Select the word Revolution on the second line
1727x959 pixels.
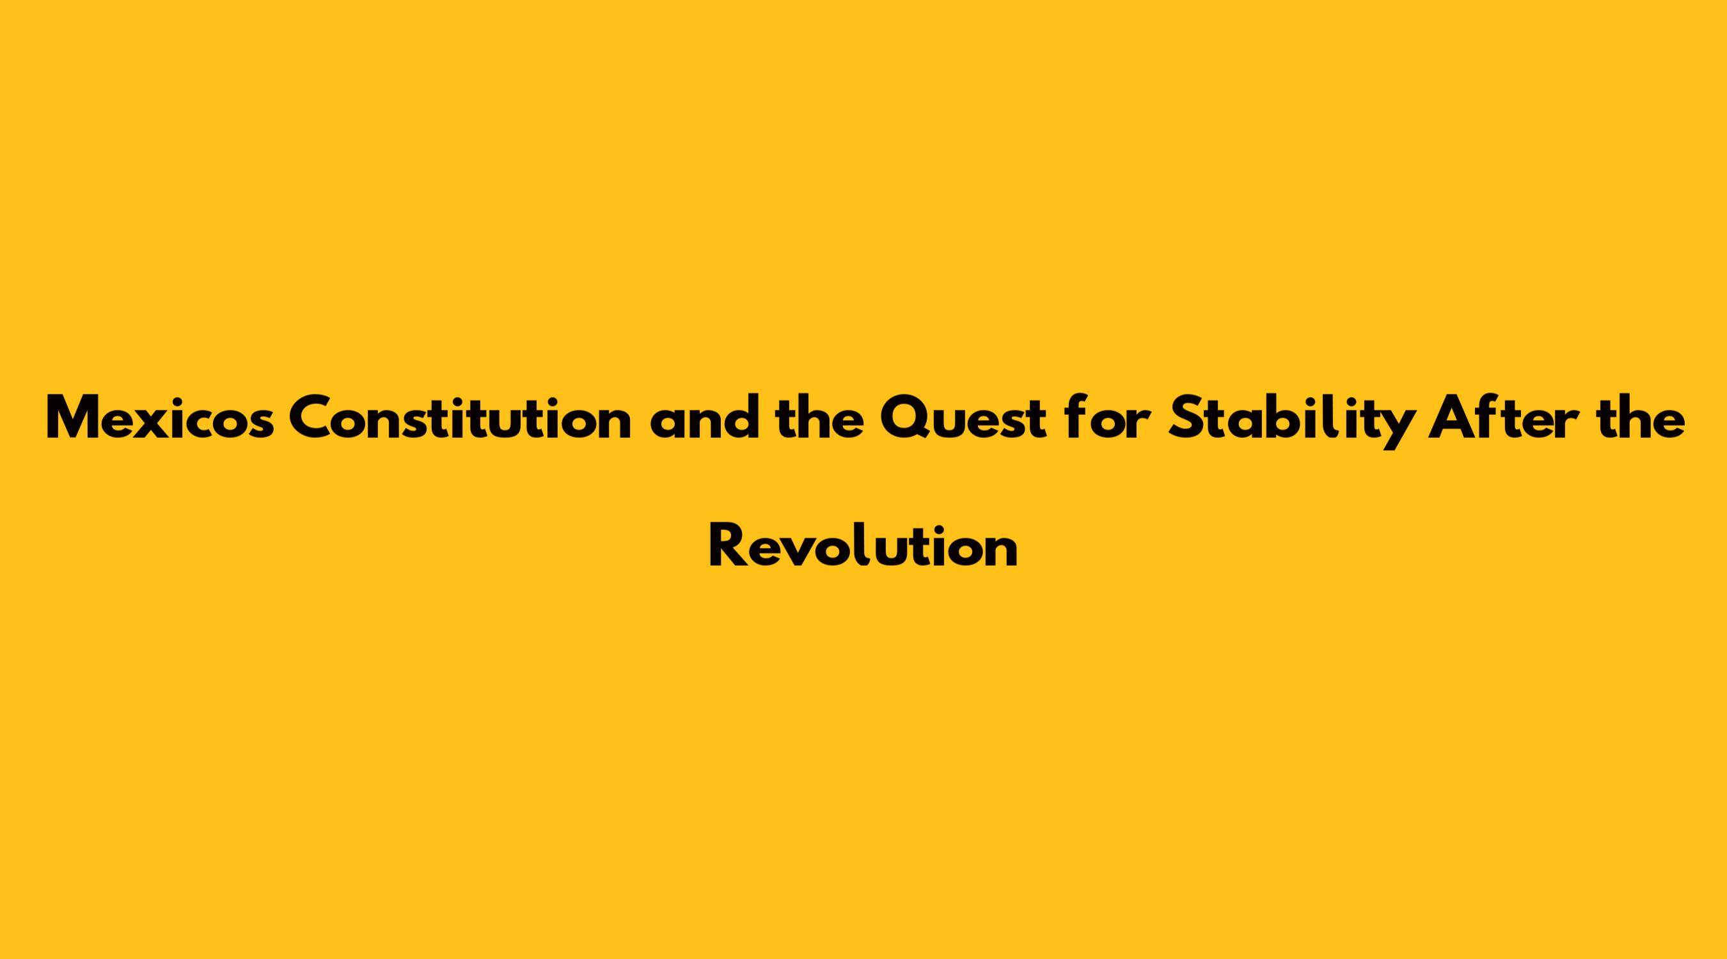(863, 546)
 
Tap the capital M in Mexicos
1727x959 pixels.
(78, 419)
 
